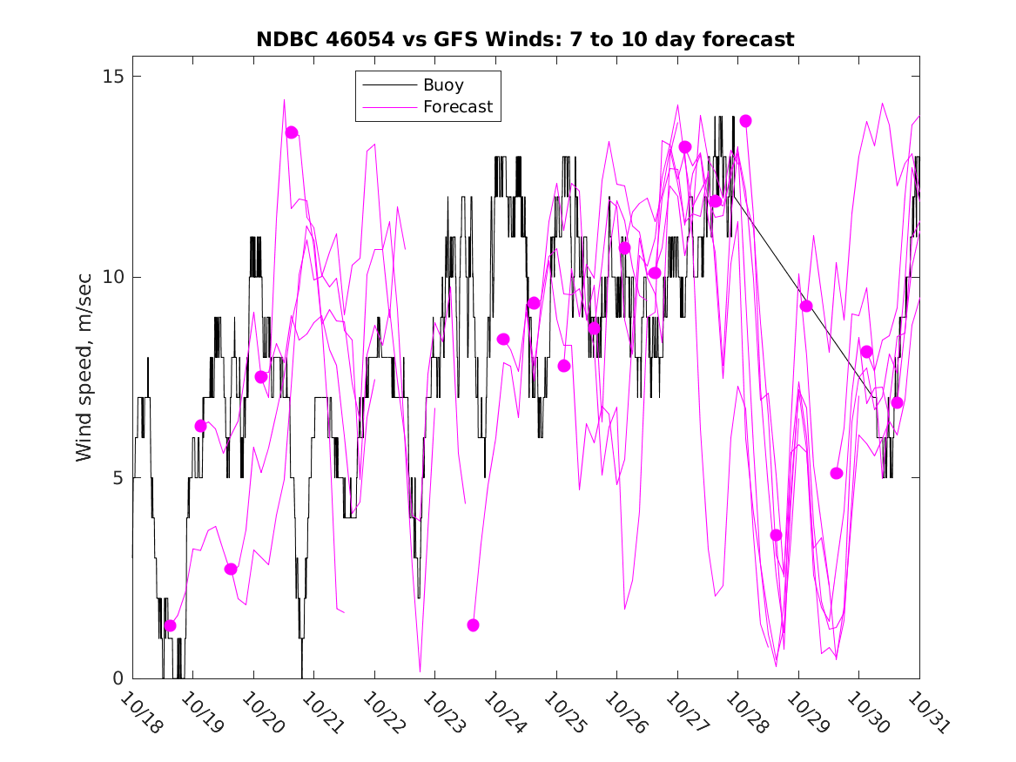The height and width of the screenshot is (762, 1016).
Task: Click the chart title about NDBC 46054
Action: pyautogui.click(x=525, y=39)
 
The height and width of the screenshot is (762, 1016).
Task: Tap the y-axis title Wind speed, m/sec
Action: pyautogui.click(x=84, y=377)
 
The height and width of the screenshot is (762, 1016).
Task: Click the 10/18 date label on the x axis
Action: pyautogui.click(x=140, y=712)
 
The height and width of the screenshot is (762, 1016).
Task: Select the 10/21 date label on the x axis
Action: pyautogui.click(x=321, y=712)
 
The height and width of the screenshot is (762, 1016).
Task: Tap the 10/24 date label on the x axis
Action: pyautogui.click(x=503, y=712)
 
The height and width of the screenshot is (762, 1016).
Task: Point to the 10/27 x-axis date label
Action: pyautogui.click(x=685, y=712)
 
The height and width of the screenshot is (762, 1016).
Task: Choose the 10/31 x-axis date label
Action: pyautogui.click(x=926, y=712)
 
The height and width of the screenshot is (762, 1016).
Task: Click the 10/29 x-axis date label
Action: pyautogui.click(x=806, y=712)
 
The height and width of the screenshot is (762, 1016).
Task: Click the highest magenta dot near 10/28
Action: pyautogui.click(x=745, y=121)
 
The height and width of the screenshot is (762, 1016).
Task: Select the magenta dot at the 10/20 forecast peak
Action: pyautogui.click(x=292, y=132)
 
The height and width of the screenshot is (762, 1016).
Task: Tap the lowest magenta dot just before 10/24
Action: pyautogui.click(x=473, y=625)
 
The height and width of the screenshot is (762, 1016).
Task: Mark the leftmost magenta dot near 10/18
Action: pyautogui.click(x=171, y=625)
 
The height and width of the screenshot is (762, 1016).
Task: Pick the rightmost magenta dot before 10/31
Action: pyautogui.click(x=898, y=402)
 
